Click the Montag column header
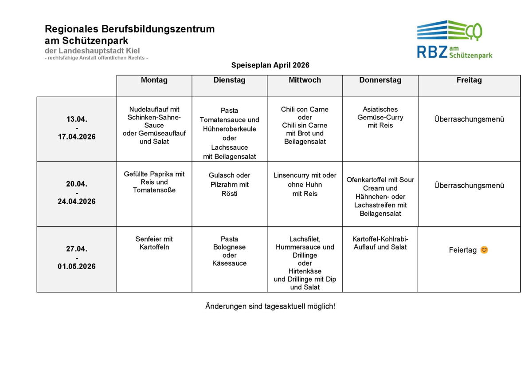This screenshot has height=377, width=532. [x=154, y=80]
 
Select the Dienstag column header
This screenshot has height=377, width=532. [x=229, y=80]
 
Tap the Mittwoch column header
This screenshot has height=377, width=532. [x=305, y=80]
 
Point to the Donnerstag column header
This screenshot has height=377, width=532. [x=380, y=80]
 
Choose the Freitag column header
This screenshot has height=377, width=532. [x=469, y=80]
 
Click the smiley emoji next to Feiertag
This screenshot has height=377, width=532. [x=484, y=250]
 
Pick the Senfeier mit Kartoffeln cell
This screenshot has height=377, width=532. [x=154, y=243]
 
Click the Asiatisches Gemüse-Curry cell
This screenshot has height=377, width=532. [x=380, y=117]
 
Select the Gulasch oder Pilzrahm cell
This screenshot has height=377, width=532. [x=229, y=184]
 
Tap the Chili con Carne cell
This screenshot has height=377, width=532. [x=305, y=125]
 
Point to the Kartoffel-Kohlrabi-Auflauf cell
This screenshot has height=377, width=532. [x=380, y=243]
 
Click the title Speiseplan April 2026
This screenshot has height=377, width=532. [x=270, y=65]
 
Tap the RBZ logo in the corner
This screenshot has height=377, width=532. [x=454, y=40]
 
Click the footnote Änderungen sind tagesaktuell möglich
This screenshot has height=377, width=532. [x=270, y=306]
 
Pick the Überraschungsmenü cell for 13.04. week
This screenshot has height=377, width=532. [x=469, y=119]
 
